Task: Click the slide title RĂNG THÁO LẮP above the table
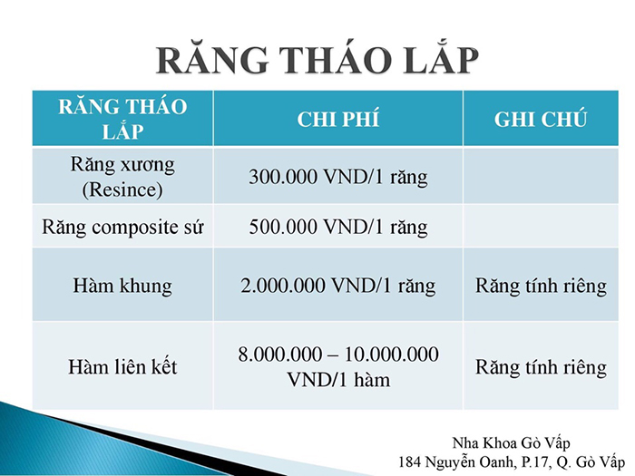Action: [x=317, y=59]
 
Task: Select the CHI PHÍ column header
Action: [x=338, y=119]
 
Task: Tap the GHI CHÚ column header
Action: [x=541, y=119]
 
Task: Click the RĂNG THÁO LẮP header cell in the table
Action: [x=122, y=119]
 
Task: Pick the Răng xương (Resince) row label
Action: [x=122, y=177]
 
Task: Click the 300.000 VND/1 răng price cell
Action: [x=338, y=177]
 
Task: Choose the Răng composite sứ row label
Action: [x=122, y=227]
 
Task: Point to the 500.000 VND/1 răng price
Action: [x=338, y=227]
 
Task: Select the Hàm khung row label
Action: [x=122, y=286]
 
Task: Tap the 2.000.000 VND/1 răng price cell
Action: [x=338, y=286]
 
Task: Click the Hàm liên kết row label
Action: [x=122, y=366]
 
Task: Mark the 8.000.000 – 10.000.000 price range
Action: [x=338, y=355]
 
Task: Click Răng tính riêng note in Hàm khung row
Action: [x=541, y=286]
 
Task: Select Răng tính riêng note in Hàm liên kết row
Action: [x=541, y=367]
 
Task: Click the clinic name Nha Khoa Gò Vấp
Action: [x=511, y=443]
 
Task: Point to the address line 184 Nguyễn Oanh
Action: [x=512, y=461]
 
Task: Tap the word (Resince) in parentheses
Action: [x=122, y=189]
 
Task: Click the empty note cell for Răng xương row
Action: [x=541, y=176]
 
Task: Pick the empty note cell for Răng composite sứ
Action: [x=541, y=227]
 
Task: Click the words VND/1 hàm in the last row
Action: [x=338, y=380]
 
